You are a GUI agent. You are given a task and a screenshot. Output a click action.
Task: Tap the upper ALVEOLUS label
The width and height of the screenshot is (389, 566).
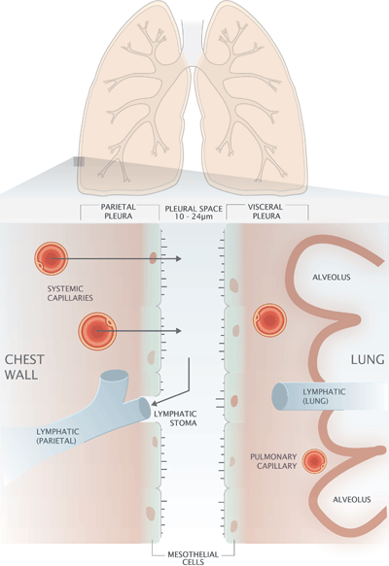tap(331, 277)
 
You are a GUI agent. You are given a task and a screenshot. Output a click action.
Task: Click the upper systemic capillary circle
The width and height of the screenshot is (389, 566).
tap(51, 258)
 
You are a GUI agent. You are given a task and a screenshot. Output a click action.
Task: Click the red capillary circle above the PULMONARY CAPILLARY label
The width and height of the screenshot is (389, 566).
tap(313, 462)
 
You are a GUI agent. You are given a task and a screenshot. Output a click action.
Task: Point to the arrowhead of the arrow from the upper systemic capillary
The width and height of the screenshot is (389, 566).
tap(181, 259)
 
